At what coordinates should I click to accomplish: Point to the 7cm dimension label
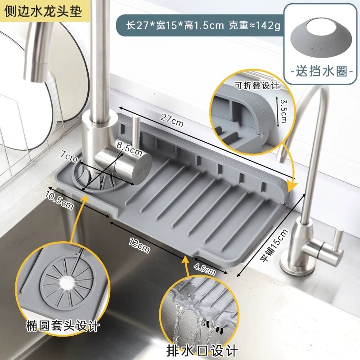pyautogui.click(x=69, y=156)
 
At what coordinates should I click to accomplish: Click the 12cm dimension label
pyautogui.click(x=139, y=245)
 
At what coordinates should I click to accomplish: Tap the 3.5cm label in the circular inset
pyautogui.click(x=283, y=111)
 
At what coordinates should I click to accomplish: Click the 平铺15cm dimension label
pyautogui.click(x=274, y=245)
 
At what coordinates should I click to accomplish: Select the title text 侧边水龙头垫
pyautogui.click(x=43, y=11)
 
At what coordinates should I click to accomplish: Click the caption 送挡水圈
pyautogui.click(x=321, y=71)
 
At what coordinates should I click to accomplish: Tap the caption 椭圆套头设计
pyautogui.click(x=63, y=325)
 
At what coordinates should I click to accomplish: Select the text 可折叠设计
pyautogui.click(x=256, y=85)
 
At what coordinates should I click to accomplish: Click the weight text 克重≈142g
pyautogui.click(x=254, y=26)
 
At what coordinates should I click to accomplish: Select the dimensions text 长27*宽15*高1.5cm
pyautogui.click(x=175, y=26)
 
